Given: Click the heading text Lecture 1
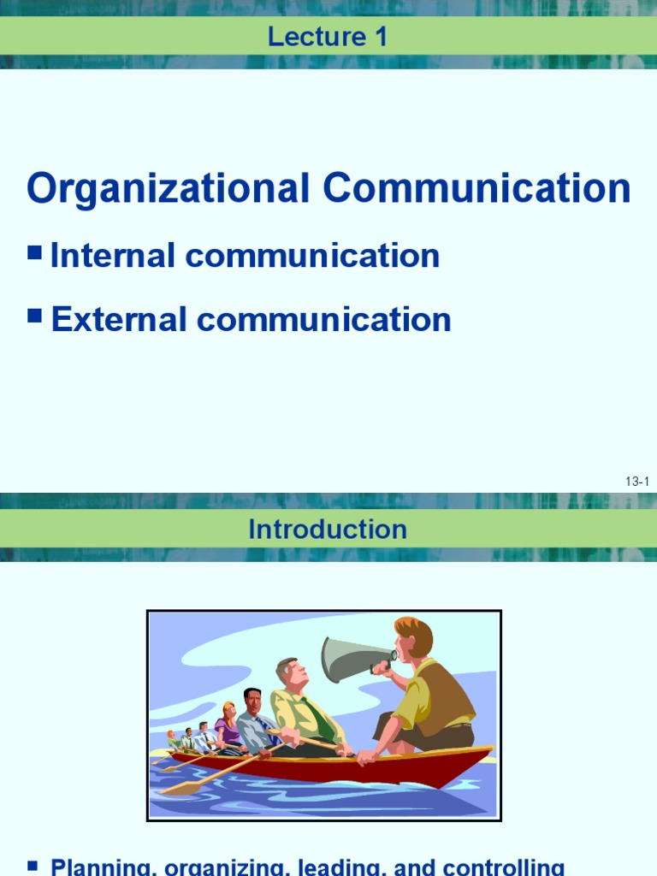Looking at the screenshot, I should (x=328, y=36).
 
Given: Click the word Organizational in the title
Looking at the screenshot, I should (x=168, y=188).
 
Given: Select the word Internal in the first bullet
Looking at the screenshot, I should (x=113, y=256).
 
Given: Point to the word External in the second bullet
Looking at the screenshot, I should (x=119, y=319).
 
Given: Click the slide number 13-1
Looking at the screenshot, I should (x=637, y=482).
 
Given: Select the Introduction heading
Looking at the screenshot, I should (x=328, y=530).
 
